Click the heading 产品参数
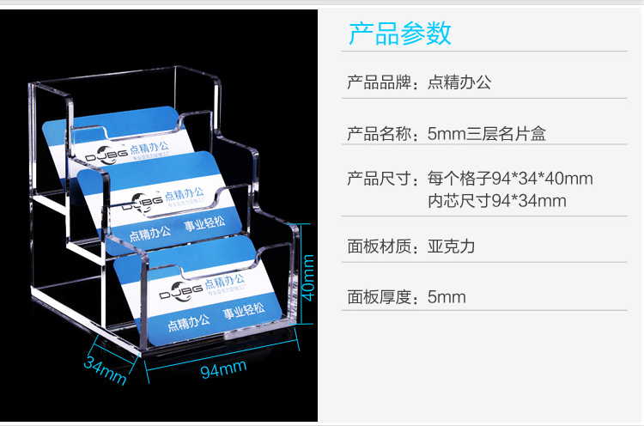pos(399,33)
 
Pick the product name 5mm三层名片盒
pos(486,134)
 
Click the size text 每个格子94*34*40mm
pos(510,180)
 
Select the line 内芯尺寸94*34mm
pos(496,201)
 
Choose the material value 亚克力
pos(452,246)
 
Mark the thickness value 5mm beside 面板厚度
pos(447,297)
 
